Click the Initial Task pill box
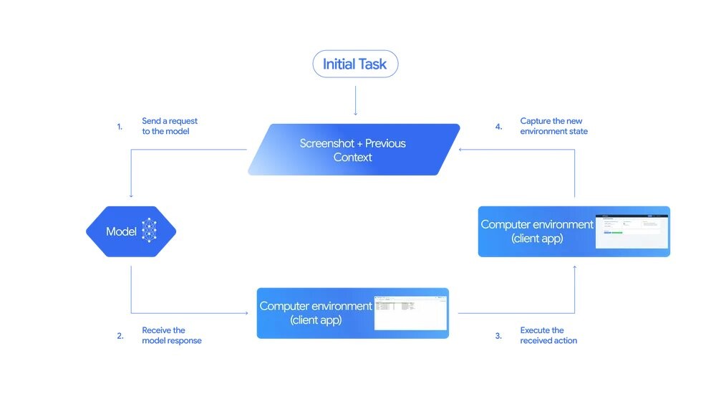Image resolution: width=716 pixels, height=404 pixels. point(355,64)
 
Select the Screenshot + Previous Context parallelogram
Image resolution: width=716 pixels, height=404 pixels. point(354,150)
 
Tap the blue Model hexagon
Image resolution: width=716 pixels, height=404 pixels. point(131,231)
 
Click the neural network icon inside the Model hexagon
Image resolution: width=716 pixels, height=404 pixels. point(149,231)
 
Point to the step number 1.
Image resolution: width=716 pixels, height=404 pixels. point(120,127)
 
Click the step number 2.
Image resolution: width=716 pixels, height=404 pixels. point(120,336)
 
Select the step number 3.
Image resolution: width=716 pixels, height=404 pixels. point(498,336)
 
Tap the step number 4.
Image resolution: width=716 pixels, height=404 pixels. point(498,127)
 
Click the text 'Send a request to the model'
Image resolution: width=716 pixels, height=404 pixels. point(170,127)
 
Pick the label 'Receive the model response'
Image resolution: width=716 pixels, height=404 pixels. point(172,336)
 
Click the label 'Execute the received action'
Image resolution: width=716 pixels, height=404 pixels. point(548,336)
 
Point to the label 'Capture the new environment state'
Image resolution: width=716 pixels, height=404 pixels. point(554,127)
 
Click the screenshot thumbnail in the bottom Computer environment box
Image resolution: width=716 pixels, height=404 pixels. point(411,312)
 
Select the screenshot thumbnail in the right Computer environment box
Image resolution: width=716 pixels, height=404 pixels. point(632,231)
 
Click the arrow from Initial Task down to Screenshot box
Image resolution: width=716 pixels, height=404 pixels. point(355,100)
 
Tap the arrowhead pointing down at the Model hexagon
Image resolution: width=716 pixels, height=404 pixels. point(131,196)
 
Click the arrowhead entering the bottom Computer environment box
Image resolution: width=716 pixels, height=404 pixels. point(253,313)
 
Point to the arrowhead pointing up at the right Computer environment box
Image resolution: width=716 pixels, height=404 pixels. point(574,267)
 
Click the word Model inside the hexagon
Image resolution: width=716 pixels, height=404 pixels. point(122,231)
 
